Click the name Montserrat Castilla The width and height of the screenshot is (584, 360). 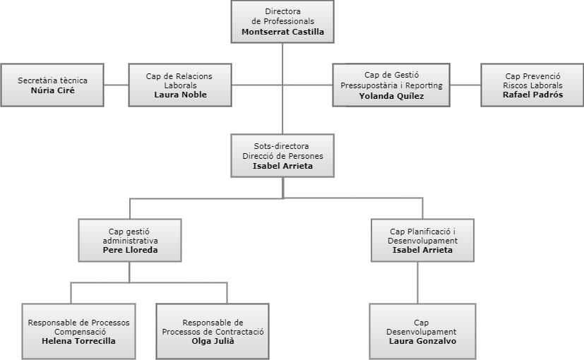[x=282, y=32]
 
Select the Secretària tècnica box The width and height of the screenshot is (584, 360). [x=53, y=85]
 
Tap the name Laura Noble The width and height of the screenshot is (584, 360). [x=180, y=95]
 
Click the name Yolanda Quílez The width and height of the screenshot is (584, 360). [x=391, y=96]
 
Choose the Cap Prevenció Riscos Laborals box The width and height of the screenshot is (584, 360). [x=532, y=85]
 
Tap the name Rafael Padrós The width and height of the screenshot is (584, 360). [x=532, y=95]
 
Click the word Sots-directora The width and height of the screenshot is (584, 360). [x=282, y=146]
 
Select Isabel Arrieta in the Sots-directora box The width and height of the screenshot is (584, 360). [x=282, y=167]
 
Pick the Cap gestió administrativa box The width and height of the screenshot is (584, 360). [x=130, y=240]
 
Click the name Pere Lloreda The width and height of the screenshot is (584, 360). [x=130, y=250]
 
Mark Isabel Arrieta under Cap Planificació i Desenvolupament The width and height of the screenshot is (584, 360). [x=422, y=250]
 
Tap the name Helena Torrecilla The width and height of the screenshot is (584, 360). [x=78, y=341]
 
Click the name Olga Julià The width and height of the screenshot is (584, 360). [x=213, y=341]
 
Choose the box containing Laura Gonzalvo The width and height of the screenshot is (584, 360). [x=422, y=331]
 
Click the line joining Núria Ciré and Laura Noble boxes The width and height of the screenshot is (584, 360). [x=117, y=85]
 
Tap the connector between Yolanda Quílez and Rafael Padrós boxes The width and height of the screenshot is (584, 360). [x=465, y=85]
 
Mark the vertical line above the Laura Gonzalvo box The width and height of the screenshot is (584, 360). [x=422, y=283]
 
